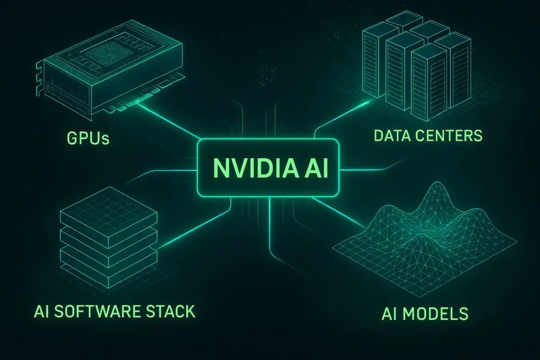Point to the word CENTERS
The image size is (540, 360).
(451, 135)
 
